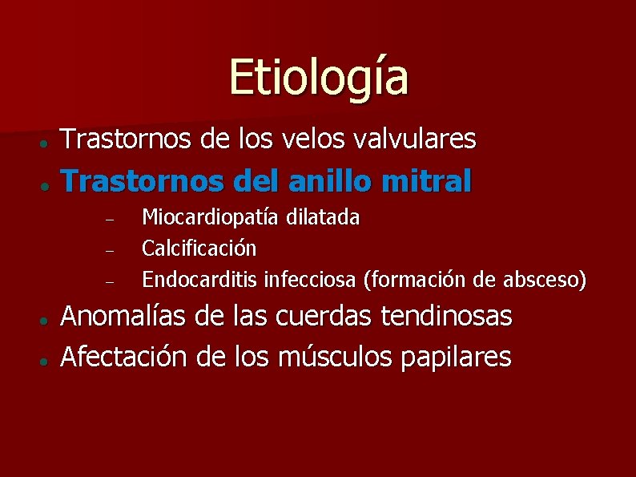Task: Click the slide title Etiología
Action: click(319, 77)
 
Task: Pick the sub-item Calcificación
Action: click(199, 249)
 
